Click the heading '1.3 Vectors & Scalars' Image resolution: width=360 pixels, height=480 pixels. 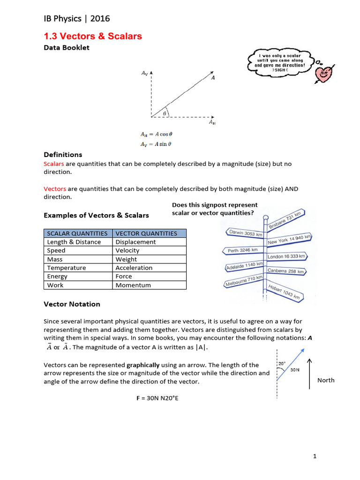pyautogui.click(x=92, y=36)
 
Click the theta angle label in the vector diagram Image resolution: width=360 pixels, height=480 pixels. pyautogui.click(x=165, y=113)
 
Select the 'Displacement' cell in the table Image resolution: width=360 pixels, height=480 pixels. pyautogui.click(x=135, y=242)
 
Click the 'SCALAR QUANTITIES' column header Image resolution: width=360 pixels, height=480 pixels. pyautogui.click(x=77, y=233)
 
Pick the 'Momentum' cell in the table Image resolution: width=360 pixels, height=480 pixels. pyautogui.click(x=133, y=285)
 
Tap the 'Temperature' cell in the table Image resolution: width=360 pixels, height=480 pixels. pyautogui.click(x=67, y=268)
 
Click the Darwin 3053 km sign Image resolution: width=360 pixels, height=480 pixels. pyautogui.click(x=245, y=233)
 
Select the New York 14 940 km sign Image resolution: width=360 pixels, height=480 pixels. pyautogui.click(x=289, y=240)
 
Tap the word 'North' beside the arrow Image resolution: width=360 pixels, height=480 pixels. pyautogui.click(x=326, y=380)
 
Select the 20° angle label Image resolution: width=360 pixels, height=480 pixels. pyautogui.click(x=282, y=363)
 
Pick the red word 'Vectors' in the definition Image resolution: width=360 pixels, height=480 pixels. pyautogui.click(x=55, y=189)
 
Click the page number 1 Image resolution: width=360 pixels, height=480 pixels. pyautogui.click(x=316, y=457)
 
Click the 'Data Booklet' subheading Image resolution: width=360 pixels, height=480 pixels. pyautogui.click(x=67, y=47)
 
